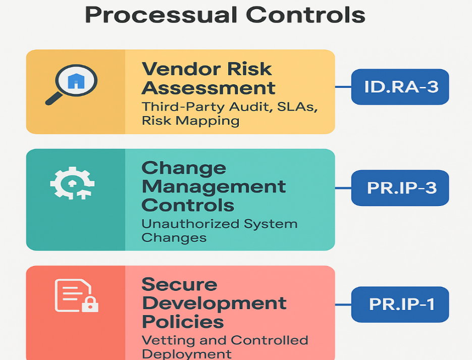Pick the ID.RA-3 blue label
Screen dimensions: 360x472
[x=400, y=87]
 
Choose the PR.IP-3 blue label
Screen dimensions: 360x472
[x=400, y=188]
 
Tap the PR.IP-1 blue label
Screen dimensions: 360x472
[x=400, y=304]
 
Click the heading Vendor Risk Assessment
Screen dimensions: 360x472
[x=208, y=78]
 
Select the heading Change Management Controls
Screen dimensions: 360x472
[x=213, y=186]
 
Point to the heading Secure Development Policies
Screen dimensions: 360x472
[x=213, y=302]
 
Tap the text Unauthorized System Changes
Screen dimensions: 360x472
[x=219, y=230]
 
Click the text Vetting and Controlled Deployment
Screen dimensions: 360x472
[x=224, y=347]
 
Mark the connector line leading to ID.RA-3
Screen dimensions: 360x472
[x=343, y=87]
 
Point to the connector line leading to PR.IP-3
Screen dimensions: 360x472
[x=343, y=188]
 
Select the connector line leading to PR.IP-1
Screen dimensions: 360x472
[x=343, y=304]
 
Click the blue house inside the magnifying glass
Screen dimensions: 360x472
[x=76, y=81]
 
